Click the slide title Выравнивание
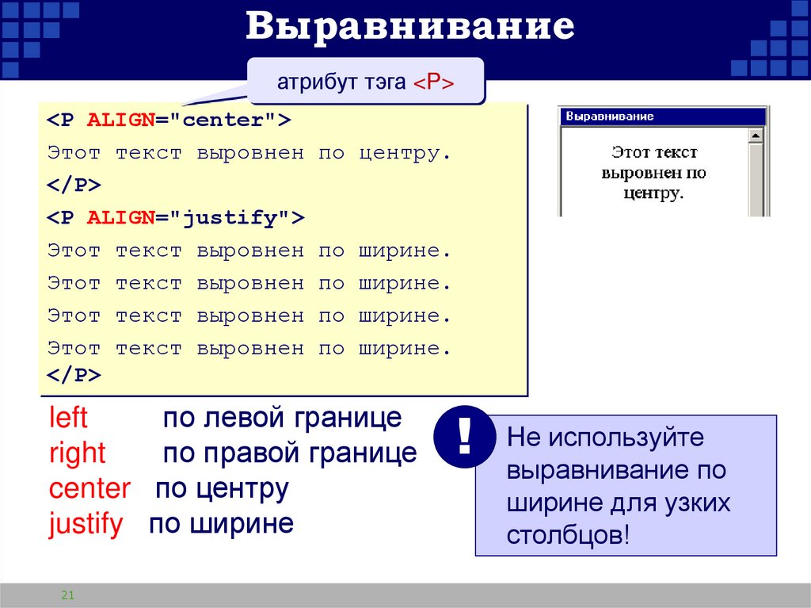[x=409, y=27]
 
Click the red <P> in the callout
[x=432, y=82]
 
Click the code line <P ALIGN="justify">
[x=175, y=218]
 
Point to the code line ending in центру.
[x=249, y=153]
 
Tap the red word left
[x=68, y=418]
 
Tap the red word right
[x=77, y=453]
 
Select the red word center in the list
[x=89, y=488]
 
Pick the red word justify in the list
[x=86, y=524]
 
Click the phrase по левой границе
[x=282, y=418]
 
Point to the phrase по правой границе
[x=289, y=453]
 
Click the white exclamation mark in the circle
[x=464, y=437]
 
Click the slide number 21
[x=67, y=595]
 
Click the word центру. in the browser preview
[x=653, y=192]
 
